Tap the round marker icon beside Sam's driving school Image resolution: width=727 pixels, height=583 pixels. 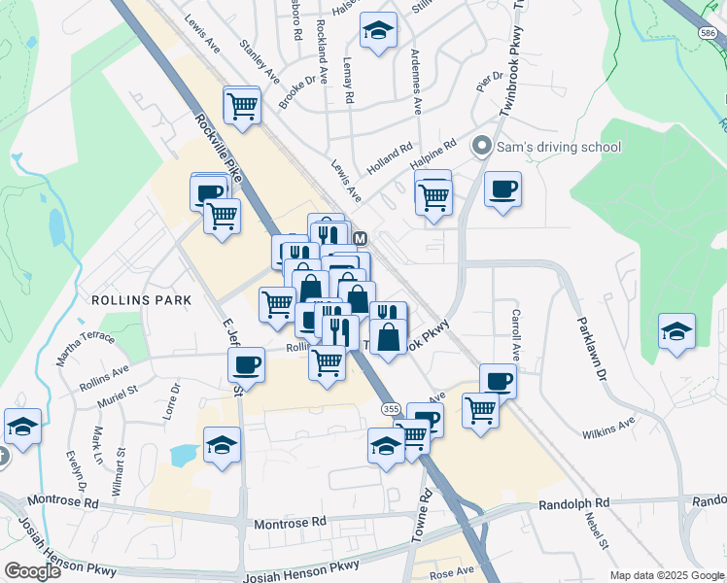pyautogui.click(x=480, y=148)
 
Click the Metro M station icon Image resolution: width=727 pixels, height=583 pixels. pyautogui.click(x=360, y=238)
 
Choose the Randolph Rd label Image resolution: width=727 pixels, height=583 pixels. pyautogui.click(x=573, y=503)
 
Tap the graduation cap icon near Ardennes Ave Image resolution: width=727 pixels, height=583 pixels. pyautogui.click(x=378, y=30)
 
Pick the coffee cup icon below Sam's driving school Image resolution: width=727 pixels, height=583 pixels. pyautogui.click(x=502, y=189)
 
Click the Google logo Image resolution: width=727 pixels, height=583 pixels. pyautogui.click(x=32, y=571)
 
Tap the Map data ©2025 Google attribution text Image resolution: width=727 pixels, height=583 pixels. pyautogui.click(x=666, y=575)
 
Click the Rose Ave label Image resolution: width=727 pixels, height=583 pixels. pyautogui.click(x=452, y=571)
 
